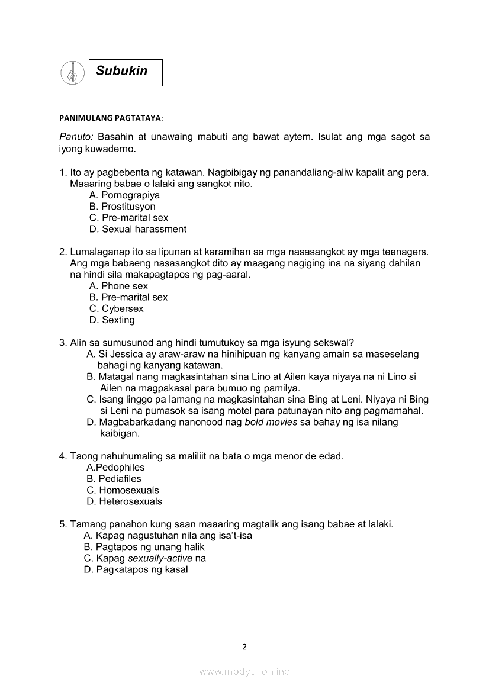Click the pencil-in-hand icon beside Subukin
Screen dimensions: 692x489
point(72,73)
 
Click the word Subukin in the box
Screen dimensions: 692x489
point(122,71)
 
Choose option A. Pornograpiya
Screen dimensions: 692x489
point(124,195)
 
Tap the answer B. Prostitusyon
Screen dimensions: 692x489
point(122,207)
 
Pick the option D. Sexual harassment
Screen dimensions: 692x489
point(137,229)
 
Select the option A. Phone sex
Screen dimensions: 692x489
point(118,286)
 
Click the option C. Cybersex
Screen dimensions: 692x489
point(116,308)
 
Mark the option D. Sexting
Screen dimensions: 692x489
point(112,320)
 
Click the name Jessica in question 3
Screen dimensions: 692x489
point(123,354)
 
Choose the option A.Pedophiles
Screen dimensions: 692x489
point(115,467)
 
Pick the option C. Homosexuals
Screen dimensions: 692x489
point(123,490)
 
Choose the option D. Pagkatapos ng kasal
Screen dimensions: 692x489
point(136,569)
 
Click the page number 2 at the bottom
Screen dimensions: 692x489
point(244,646)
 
